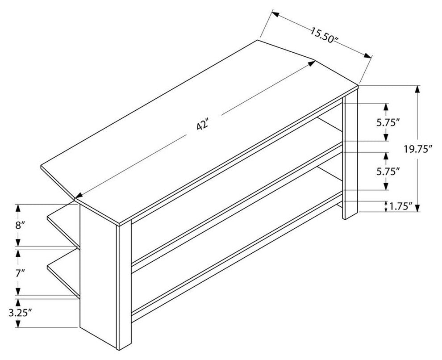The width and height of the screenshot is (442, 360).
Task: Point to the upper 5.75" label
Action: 387,123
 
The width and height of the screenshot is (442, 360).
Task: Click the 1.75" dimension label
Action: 400,206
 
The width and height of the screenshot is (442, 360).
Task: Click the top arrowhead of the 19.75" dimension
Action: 417,88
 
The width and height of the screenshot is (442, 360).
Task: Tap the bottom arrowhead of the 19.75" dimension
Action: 417,209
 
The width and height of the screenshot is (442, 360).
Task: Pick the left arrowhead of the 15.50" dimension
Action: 275,16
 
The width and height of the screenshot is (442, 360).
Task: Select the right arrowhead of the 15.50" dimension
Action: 368,56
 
